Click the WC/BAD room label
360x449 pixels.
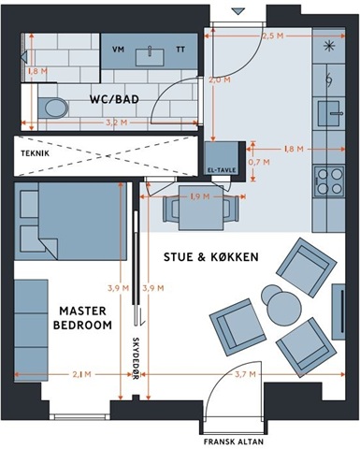pos(114,100)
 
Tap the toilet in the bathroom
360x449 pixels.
pos(53,108)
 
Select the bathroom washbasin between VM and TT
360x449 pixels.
pos(150,57)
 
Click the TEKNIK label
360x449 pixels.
pos(36,153)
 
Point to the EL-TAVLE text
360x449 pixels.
pos(222,170)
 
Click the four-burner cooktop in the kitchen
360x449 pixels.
pos(329,181)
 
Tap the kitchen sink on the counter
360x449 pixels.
pos(329,113)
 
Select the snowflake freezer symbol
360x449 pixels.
pos(329,46)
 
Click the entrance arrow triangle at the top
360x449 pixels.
pos(238,12)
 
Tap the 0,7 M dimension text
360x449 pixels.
pos(259,162)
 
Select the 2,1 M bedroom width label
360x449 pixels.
pos(82,374)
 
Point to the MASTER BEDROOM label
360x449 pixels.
pos(82,318)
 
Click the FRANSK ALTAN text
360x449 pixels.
pos(234,442)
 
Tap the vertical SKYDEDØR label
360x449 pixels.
pos(136,358)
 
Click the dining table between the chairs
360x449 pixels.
pos(201,208)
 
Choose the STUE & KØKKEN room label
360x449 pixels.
pos(211,257)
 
